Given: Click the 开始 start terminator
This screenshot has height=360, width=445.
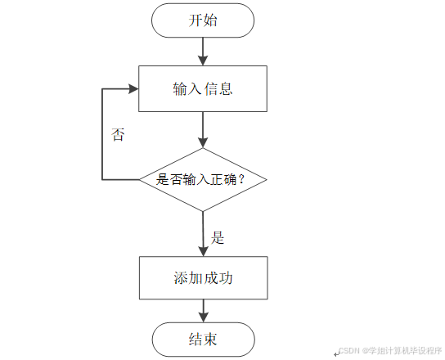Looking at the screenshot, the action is (x=203, y=20).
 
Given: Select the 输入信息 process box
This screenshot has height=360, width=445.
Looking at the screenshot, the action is (x=203, y=88).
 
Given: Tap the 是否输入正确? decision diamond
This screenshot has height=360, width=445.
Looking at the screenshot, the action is (x=203, y=180).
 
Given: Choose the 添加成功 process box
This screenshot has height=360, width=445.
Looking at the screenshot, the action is (x=203, y=277).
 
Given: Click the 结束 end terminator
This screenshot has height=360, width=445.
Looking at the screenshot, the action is (x=203, y=340).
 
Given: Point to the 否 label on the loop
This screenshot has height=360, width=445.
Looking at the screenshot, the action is (x=118, y=134).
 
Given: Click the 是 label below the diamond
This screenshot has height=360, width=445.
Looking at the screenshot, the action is (x=218, y=237).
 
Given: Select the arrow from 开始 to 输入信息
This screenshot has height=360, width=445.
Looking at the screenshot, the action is (x=203, y=52).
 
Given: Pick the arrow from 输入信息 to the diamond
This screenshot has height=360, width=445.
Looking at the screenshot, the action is (x=203, y=130).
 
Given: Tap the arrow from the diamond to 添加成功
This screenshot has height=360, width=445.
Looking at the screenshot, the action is (x=203, y=234).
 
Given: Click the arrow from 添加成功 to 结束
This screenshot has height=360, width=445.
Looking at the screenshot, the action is (x=204, y=311).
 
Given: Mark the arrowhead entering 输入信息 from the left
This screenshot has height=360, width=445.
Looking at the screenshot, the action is (x=133, y=88).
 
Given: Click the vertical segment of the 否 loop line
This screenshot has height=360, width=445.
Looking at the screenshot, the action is (x=102, y=134).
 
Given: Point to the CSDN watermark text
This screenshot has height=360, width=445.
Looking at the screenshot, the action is (x=390, y=350).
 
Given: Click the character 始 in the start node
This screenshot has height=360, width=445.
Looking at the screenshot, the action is (x=210, y=20).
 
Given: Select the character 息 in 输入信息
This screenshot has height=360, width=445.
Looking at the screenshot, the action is (x=226, y=88).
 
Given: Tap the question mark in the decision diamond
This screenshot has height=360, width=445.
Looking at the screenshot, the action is (x=241, y=179).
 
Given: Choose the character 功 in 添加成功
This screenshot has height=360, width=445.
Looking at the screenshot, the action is (x=226, y=277).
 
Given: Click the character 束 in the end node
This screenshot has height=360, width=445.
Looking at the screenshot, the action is (x=210, y=340).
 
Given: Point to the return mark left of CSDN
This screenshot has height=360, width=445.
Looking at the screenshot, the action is (x=336, y=353).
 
